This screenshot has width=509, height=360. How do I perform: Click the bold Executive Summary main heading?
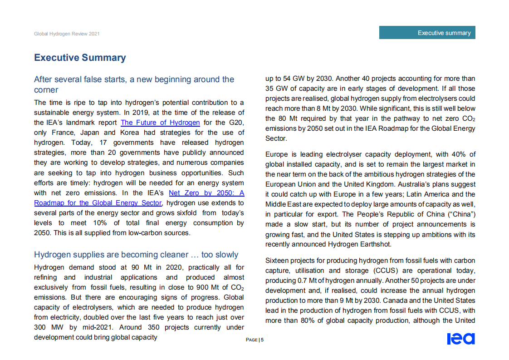80,58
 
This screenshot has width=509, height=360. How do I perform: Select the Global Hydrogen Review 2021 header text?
67,34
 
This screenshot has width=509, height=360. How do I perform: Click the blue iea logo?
460,339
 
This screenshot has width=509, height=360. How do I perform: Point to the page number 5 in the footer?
262,340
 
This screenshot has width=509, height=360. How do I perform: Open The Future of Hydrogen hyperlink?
160,123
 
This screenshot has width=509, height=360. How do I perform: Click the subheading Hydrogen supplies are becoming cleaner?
136,255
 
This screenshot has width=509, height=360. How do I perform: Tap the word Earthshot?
373,244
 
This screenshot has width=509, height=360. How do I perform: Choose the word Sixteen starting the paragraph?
278,261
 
